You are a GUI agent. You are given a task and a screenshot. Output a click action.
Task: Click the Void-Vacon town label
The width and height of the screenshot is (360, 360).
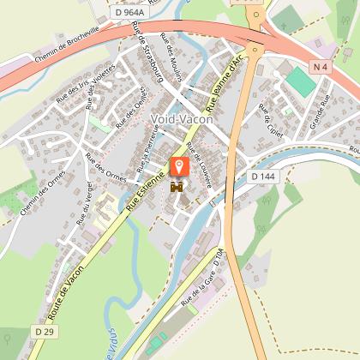pos(181,119)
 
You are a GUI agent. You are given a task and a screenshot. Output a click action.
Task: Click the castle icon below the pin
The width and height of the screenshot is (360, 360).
pos(179,186)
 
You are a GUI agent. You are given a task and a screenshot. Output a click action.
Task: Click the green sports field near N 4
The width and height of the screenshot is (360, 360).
pos(300,82)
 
